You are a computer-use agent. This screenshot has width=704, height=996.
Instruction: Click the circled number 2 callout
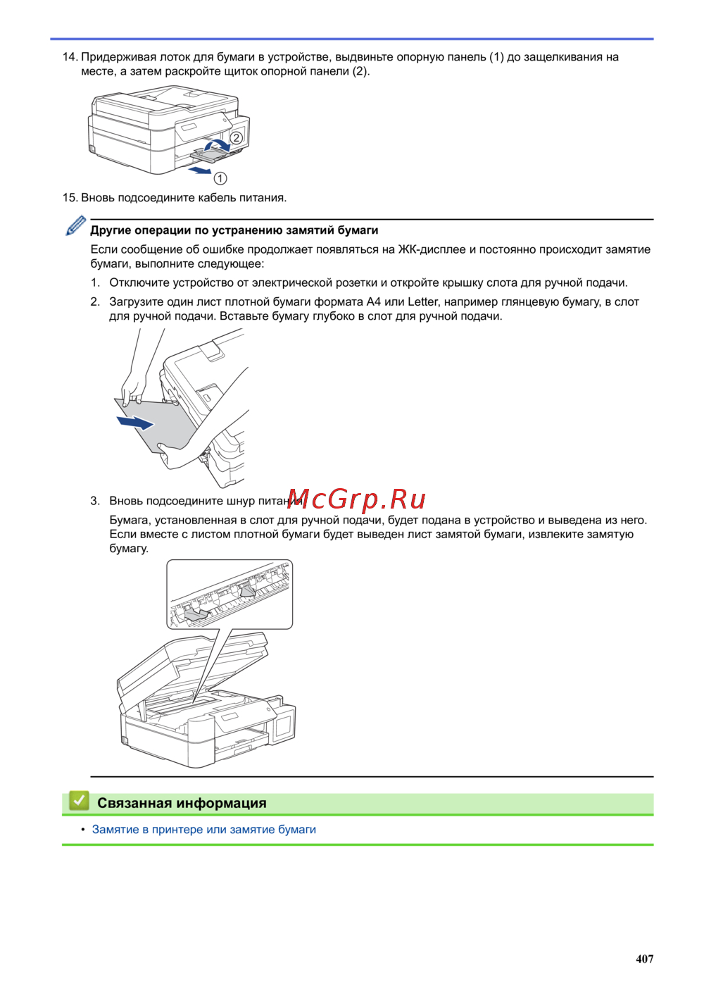(x=237, y=138)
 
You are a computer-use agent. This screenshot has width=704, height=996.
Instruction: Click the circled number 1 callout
(x=220, y=178)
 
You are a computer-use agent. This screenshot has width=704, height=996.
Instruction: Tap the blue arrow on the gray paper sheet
(x=135, y=422)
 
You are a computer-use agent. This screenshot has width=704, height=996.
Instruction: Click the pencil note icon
(x=76, y=226)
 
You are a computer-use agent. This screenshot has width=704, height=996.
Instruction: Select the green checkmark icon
(x=78, y=801)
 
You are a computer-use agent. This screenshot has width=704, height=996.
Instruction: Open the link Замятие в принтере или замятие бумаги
(x=204, y=829)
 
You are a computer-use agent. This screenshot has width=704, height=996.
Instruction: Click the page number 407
(x=644, y=958)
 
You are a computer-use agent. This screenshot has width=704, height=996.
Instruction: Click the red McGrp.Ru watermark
(x=357, y=499)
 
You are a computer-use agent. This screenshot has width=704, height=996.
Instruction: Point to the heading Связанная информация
(x=182, y=803)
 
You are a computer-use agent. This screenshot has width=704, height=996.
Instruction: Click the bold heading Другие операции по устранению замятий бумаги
(x=234, y=230)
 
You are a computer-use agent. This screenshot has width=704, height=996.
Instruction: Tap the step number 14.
(x=70, y=57)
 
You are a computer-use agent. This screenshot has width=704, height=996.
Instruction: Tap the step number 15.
(x=70, y=198)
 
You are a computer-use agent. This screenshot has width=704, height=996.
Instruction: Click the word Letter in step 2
(x=422, y=301)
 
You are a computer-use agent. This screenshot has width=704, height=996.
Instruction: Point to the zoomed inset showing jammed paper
(x=230, y=594)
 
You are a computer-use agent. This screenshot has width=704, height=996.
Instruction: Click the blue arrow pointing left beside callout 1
(x=200, y=170)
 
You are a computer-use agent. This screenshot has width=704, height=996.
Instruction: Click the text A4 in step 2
(x=373, y=301)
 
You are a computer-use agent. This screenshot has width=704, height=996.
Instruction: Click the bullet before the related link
(x=83, y=829)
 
